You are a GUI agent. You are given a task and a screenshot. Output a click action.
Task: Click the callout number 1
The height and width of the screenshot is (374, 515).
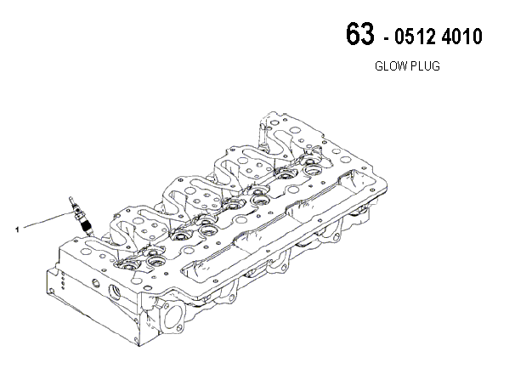click(17, 229)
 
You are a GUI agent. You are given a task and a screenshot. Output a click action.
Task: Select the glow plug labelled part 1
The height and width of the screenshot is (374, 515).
click(81, 216)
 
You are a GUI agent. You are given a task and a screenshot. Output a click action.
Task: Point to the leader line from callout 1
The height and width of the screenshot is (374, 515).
click(49, 219)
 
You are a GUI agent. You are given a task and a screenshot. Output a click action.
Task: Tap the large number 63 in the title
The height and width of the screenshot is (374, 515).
click(360, 33)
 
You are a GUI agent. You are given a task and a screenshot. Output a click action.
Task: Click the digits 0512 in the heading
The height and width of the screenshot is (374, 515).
click(416, 37)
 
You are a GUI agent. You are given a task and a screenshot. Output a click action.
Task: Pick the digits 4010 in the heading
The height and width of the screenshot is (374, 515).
click(461, 37)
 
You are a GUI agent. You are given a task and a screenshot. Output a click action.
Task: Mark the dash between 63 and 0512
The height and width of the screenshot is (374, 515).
click(386, 39)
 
